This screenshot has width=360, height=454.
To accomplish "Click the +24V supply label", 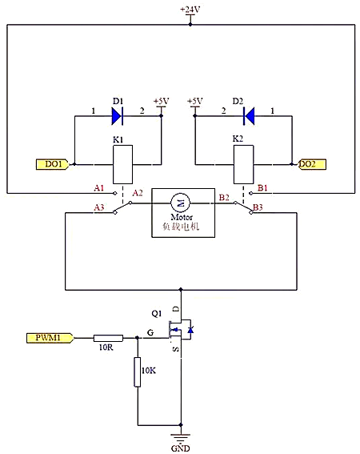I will pos(190,10).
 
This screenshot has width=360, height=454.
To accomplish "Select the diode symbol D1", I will pos(117,116).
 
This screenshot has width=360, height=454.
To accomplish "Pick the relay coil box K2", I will pos(242,167).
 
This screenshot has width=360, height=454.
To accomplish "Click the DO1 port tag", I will pos(54,164).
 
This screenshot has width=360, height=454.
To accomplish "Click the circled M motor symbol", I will pos(179,199).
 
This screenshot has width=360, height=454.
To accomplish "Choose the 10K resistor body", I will pos(138,372).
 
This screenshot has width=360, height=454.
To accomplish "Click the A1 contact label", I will pos(99,188).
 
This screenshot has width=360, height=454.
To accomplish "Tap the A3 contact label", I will pos(99,207).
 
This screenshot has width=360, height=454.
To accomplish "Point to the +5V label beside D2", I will pos(194,101).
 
